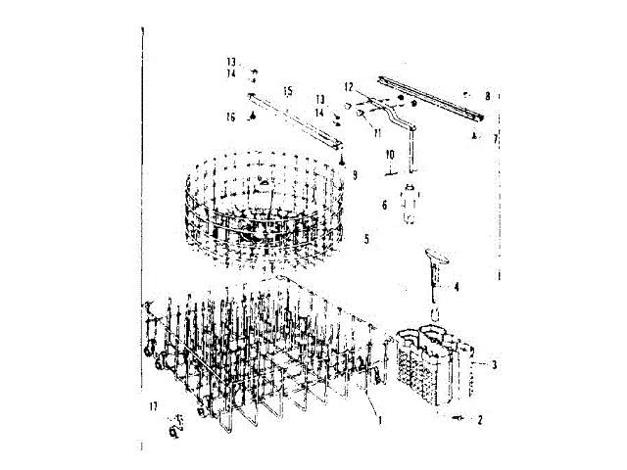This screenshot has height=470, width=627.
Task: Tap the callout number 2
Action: (480, 420)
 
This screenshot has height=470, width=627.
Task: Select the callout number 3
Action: (494, 365)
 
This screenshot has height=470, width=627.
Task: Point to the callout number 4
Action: (457, 287)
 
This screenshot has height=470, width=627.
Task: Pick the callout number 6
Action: (384, 205)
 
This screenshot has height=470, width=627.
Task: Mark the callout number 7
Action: (495, 139)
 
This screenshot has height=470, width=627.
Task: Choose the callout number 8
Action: (487, 96)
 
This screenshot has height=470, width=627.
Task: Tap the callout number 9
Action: (355, 174)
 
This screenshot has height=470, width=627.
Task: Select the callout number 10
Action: (388, 155)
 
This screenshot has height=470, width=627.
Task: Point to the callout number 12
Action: (348, 87)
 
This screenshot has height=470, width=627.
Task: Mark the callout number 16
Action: (231, 117)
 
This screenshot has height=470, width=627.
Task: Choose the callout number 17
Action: (153, 406)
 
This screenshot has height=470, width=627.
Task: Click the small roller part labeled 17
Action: (173, 423)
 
